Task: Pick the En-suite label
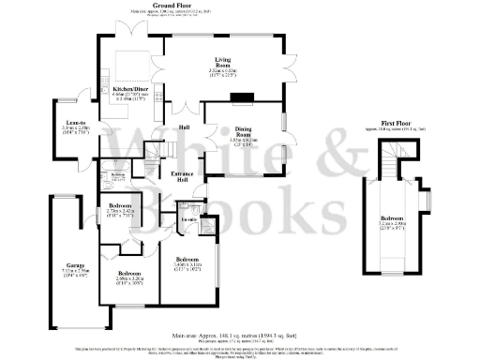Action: tap(188, 220)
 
